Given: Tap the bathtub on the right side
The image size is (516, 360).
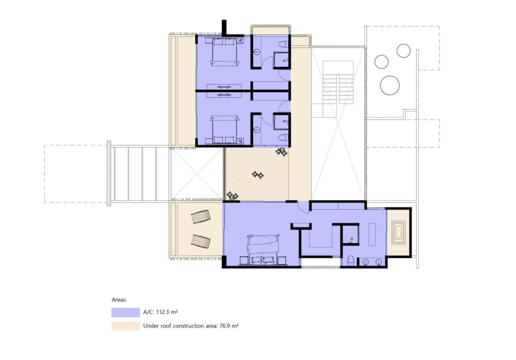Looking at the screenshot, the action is click(399, 232).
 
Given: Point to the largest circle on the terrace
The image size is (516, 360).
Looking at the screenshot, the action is click(390, 85).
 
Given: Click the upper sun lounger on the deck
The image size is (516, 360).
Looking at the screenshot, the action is click(201, 217).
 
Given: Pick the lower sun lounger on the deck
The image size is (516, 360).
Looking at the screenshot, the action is click(201, 242).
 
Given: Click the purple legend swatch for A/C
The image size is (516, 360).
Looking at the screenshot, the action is click(125, 312).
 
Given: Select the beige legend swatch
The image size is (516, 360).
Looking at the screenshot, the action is click(125, 326).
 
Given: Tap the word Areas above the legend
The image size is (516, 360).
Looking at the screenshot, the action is click(119, 299).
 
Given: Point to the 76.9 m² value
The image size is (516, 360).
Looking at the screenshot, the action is click(229, 326).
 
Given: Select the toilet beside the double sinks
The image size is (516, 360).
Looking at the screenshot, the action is click(351, 260).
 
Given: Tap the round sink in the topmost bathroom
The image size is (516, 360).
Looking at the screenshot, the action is click(256, 52).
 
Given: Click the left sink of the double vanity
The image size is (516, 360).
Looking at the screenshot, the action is click(366, 262).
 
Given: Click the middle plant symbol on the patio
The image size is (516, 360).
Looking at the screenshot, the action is click(257, 174).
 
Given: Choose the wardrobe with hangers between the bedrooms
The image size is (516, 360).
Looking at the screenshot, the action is click(224, 91).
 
